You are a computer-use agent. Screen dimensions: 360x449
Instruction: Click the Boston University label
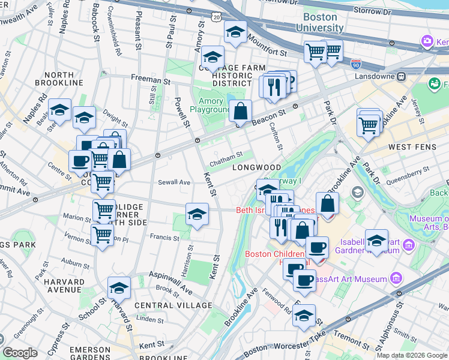tap(323, 23)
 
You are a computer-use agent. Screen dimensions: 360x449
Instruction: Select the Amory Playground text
tap(211, 106)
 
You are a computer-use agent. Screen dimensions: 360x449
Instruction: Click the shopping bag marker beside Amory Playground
tap(240, 112)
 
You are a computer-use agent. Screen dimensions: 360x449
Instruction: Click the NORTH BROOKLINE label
tap(59, 78)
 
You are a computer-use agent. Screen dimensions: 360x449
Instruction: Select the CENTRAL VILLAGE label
tap(173, 305)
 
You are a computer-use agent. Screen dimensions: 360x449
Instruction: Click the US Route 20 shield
tap(215, 19)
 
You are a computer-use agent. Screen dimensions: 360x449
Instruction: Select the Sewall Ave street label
tap(174, 182)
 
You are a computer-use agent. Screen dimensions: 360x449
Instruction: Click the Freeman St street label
tap(146, 80)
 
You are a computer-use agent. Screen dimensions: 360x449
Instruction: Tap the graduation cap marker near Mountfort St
tap(235, 32)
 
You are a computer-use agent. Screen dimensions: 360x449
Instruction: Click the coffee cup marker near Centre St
tap(80, 161)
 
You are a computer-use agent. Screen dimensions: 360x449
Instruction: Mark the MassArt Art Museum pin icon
tap(396, 278)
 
